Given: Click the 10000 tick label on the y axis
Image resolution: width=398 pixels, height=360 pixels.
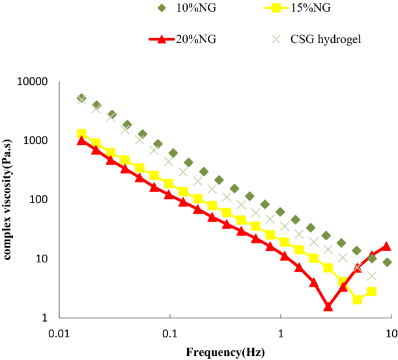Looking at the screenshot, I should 33,82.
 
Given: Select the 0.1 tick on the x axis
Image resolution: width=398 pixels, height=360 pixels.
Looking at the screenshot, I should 170,335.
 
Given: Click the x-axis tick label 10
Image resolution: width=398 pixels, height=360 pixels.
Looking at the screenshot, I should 391,335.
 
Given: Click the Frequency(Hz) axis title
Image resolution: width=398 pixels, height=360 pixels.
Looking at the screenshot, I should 225,352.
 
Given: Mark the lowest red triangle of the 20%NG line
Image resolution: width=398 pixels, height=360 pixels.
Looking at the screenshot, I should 328,306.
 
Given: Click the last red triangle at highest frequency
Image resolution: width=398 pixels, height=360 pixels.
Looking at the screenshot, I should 386,247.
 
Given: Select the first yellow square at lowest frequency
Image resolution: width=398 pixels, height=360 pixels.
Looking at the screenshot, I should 82,134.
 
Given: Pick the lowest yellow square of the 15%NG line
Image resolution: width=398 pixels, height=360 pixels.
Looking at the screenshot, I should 358,300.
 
